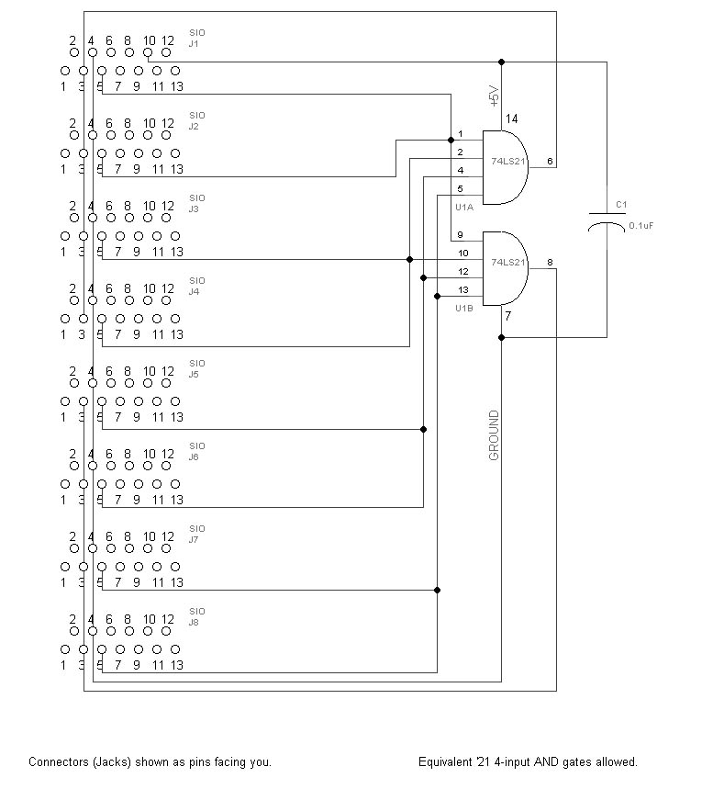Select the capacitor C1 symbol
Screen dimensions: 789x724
[606, 220]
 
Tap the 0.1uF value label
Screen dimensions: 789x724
[642, 225]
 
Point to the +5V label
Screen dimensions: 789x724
[493, 96]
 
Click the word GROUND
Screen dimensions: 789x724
[494, 435]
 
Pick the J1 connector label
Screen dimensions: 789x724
[194, 43]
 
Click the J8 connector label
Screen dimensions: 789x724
[194, 622]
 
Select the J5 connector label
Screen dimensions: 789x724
[194, 374]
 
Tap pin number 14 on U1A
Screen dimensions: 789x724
[511, 118]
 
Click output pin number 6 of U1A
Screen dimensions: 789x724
[550, 162]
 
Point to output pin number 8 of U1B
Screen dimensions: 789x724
[550, 263]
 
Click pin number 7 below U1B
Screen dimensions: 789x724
[508, 317]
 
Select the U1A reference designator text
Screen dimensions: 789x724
[463, 208]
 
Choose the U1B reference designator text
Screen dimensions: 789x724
[463, 309]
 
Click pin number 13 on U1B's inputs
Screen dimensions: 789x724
[463, 290]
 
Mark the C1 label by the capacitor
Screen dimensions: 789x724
[621, 204]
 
